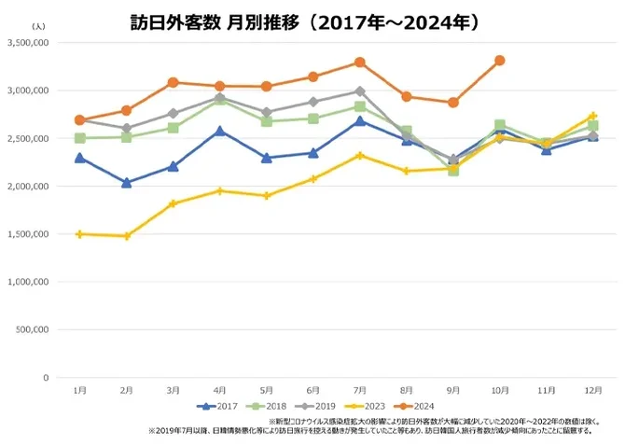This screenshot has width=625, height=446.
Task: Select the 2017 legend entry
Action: (x=220, y=406)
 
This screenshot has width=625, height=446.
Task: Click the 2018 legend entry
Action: (x=271, y=406)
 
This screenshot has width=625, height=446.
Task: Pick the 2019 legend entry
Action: (x=320, y=406)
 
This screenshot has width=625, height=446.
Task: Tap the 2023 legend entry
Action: (x=370, y=406)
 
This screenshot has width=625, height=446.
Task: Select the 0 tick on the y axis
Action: (x=45, y=378)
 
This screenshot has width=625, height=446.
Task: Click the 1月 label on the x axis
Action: (x=80, y=389)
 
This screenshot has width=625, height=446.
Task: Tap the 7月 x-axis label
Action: (x=359, y=389)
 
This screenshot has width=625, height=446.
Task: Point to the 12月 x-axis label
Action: (x=592, y=389)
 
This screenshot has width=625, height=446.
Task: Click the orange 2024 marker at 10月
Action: (x=500, y=61)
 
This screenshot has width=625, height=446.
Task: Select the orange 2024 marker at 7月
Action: (x=360, y=63)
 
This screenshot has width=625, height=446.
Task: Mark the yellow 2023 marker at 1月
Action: (x=80, y=234)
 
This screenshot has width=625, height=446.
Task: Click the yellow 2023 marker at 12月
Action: (x=592, y=117)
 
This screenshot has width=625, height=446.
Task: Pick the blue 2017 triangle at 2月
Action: (x=127, y=183)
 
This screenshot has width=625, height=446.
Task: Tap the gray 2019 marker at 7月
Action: (x=360, y=91)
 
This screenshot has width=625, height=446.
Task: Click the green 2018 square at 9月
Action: (x=453, y=171)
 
